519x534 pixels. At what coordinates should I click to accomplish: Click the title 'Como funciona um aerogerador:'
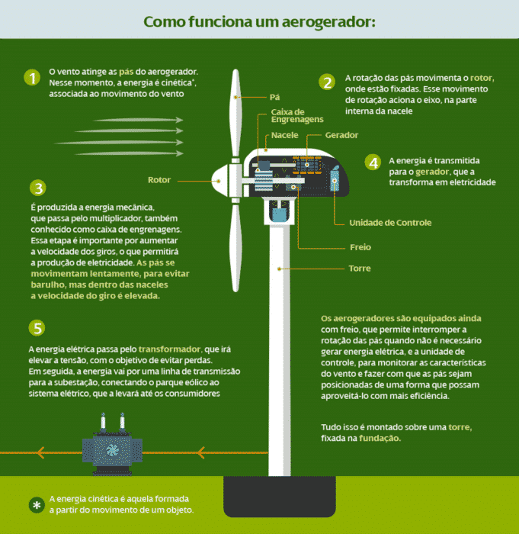[x=259, y=21]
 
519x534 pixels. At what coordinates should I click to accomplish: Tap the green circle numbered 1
[x=31, y=78]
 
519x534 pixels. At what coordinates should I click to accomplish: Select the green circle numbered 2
[x=327, y=82]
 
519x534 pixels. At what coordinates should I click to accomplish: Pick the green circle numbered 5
[x=37, y=328]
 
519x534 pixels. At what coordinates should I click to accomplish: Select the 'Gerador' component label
[x=341, y=135]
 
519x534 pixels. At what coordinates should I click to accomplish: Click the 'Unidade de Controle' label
[x=389, y=223]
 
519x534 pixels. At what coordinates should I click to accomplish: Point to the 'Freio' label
[x=360, y=247]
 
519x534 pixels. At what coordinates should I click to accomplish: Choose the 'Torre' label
[x=360, y=269]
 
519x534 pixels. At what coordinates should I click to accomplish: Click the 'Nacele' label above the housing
[x=284, y=135]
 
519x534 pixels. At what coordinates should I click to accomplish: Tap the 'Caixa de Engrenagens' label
[x=296, y=116]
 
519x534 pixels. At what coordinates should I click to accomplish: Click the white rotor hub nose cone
[x=220, y=181]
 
